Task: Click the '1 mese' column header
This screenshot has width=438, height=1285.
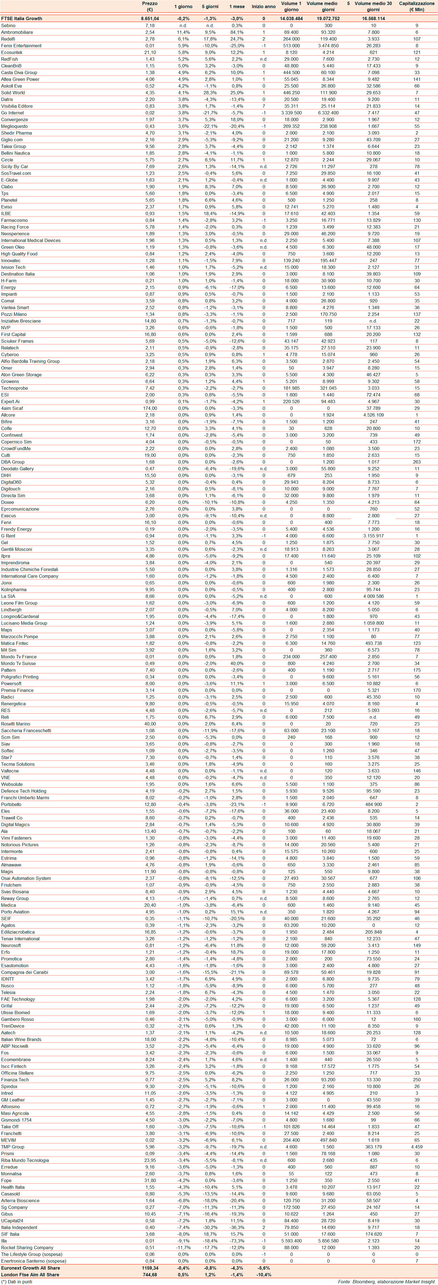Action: [237, 6]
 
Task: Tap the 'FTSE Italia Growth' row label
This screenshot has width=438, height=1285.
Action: [22, 18]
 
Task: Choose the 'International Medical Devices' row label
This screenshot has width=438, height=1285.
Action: [31, 240]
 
